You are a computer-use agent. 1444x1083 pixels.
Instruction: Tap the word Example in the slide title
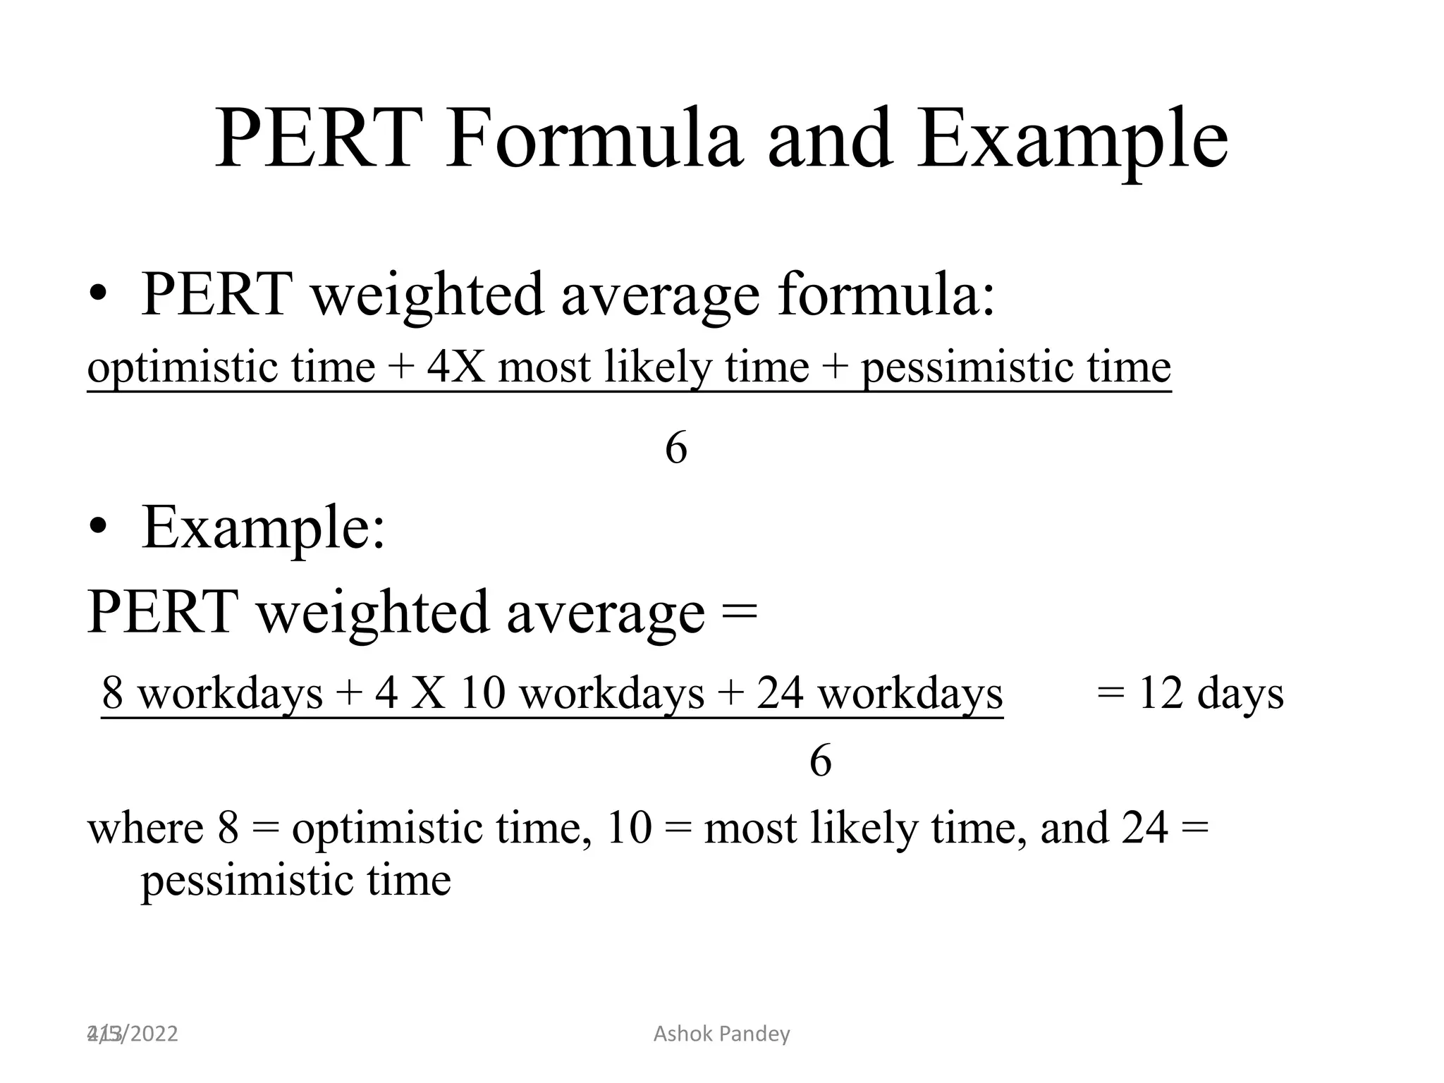[1072, 140]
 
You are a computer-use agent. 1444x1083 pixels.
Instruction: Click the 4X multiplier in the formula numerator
[456, 367]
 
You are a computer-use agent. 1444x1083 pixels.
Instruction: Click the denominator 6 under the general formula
[675, 448]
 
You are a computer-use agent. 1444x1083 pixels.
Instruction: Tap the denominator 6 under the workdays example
[820, 761]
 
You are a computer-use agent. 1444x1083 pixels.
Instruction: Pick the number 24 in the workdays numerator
[780, 692]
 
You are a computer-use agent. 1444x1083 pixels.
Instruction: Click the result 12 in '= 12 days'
[1161, 692]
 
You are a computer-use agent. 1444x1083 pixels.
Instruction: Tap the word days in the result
[1240, 692]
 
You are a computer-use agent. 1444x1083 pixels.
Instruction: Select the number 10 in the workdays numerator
[483, 692]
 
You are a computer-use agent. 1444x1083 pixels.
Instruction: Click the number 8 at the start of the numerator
[113, 692]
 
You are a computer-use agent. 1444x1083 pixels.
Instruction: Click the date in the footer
[133, 1034]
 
